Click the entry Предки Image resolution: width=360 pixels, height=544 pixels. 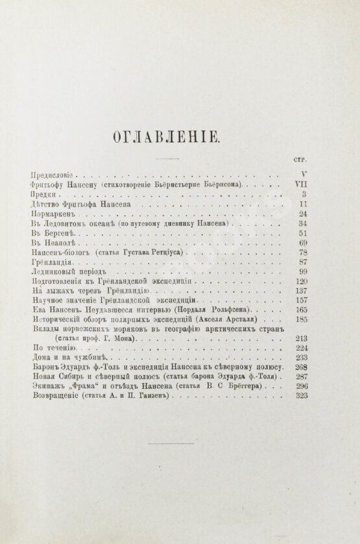(43, 195)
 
